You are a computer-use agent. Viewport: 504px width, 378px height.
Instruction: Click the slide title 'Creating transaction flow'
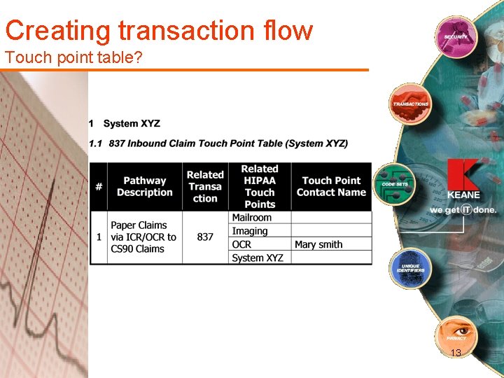click(159, 31)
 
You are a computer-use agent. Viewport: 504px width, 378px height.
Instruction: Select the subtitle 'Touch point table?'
click(73, 57)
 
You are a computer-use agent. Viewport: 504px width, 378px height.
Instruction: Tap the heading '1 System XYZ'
click(125, 124)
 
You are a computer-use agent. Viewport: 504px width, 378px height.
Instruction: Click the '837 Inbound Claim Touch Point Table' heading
click(218, 143)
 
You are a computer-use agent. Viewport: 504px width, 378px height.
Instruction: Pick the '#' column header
click(99, 187)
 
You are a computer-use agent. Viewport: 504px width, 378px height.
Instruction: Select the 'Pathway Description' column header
click(144, 187)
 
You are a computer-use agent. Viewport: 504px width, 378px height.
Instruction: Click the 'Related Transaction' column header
click(205, 187)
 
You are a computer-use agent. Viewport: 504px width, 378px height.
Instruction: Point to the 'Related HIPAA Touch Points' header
click(260, 187)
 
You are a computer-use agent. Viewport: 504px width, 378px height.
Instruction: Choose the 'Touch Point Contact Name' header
click(331, 187)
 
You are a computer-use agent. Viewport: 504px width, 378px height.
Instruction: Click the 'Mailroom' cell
click(251, 218)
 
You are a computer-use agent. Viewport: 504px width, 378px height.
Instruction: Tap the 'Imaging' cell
click(250, 231)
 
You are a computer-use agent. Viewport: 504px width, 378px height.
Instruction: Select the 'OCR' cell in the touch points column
click(241, 244)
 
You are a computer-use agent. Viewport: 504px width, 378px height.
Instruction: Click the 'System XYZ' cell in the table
click(258, 258)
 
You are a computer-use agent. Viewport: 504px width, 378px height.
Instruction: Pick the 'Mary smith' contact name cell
click(318, 244)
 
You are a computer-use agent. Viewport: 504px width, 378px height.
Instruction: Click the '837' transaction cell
click(205, 237)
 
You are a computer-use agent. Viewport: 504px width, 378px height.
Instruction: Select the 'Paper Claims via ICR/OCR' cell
click(144, 237)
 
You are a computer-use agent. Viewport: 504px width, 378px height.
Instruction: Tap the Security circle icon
click(455, 36)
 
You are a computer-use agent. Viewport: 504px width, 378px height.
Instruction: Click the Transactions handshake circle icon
click(410, 104)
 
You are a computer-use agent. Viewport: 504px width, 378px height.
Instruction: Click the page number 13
click(456, 353)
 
